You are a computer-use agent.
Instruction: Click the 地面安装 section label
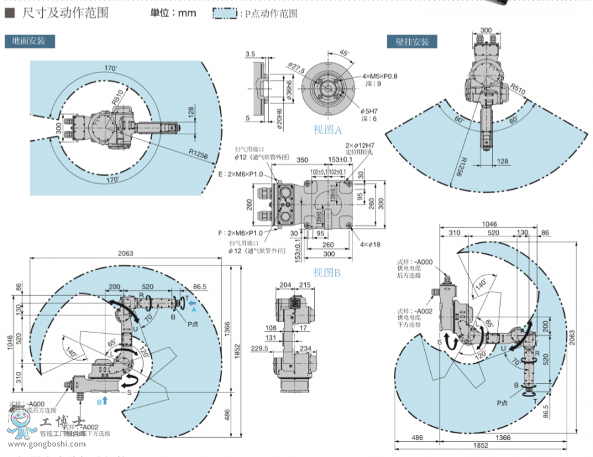point(29,41)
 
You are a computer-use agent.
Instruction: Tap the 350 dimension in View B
point(302,159)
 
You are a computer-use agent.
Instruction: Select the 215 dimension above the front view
point(304,284)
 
